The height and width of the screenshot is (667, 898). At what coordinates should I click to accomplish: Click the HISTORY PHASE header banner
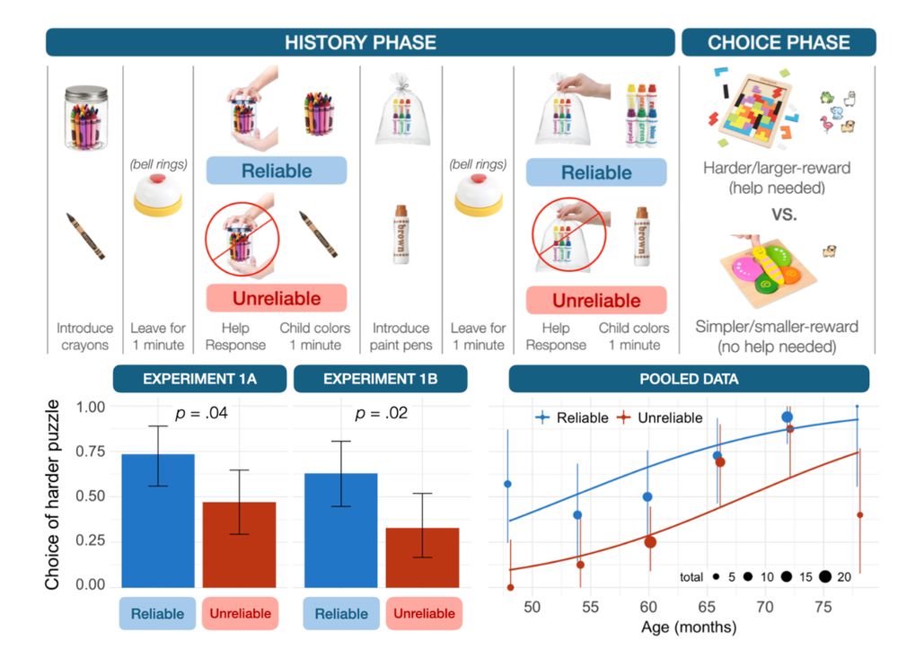click(x=360, y=42)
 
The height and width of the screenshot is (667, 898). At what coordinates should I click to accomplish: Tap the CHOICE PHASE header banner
click(x=778, y=42)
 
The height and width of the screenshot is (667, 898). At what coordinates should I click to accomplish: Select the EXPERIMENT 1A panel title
click(x=199, y=379)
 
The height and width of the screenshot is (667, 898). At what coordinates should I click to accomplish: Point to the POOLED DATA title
click(x=689, y=379)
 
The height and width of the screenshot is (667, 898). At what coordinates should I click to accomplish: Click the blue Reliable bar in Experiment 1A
click(x=158, y=521)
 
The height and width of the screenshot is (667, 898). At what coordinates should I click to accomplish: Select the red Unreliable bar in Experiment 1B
click(x=422, y=557)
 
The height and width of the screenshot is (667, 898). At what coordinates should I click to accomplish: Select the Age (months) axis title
click(x=689, y=627)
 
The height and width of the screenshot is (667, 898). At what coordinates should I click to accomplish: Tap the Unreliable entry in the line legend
click(x=667, y=417)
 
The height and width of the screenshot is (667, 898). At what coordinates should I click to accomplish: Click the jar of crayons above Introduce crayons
click(x=85, y=117)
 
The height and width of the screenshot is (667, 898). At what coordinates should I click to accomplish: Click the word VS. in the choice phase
click(x=778, y=215)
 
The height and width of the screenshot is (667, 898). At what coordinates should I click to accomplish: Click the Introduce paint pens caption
click(x=401, y=337)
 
